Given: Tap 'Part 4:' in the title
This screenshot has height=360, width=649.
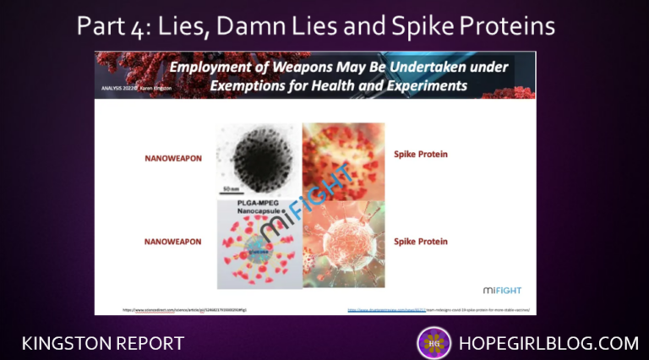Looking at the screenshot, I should click(x=114, y=26).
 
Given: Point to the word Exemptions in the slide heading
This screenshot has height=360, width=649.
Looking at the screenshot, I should click(x=239, y=86).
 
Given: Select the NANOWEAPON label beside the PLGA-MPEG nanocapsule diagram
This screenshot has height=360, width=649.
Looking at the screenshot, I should click(x=172, y=242).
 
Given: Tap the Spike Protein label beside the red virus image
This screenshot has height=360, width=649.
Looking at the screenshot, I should click(x=420, y=155).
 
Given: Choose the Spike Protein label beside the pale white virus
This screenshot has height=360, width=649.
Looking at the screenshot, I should click(x=420, y=242).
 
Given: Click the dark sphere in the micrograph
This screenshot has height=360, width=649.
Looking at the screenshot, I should click(x=258, y=158).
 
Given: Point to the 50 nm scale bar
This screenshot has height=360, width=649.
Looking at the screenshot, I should click(x=233, y=188).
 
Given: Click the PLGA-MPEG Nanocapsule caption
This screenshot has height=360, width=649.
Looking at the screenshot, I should click(x=258, y=209).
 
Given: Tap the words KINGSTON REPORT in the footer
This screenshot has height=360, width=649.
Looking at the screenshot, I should click(x=103, y=343).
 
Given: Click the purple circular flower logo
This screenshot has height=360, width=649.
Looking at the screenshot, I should click(x=434, y=343).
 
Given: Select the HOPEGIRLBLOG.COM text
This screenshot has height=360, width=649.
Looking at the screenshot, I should click(x=548, y=343).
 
